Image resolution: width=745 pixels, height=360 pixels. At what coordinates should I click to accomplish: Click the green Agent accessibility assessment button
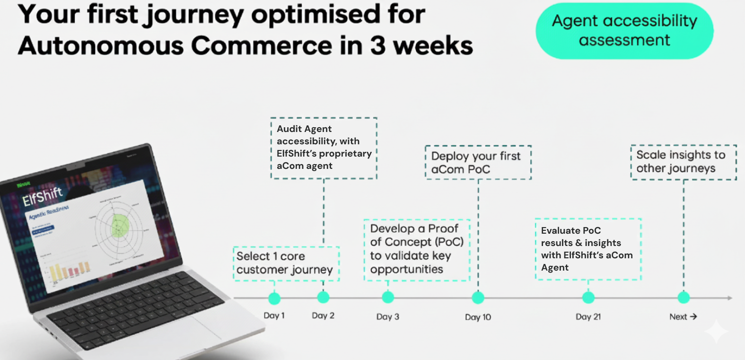[x=624, y=31]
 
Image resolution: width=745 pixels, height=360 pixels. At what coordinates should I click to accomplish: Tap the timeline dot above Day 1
[x=274, y=298]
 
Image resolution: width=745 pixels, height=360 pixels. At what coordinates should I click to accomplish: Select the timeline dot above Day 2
[x=323, y=297]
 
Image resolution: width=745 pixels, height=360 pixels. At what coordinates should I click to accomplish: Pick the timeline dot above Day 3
[x=388, y=297]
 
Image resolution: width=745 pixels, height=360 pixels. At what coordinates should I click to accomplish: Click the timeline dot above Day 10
[x=478, y=298]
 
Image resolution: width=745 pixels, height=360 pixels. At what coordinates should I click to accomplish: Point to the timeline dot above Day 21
[x=588, y=298]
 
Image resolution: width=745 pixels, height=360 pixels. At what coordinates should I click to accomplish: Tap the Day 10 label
[x=478, y=317]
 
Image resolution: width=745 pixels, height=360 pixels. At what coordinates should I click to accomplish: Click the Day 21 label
[x=588, y=317]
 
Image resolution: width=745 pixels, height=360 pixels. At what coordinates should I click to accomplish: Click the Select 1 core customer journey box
[x=286, y=263]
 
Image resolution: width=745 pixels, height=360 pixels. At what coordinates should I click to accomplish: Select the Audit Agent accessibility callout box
[x=324, y=148]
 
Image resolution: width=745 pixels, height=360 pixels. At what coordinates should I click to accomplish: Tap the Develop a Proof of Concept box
[x=417, y=249]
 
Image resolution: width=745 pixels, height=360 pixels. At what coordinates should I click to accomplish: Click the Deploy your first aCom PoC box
[x=478, y=162]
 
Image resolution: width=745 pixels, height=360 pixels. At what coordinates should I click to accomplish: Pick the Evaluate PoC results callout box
[x=588, y=249]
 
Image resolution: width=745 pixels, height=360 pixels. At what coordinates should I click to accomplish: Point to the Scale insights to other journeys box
[x=684, y=162]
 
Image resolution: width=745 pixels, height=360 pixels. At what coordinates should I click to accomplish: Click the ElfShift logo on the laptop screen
[x=43, y=196]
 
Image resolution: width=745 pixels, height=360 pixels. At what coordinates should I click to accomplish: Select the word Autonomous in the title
[x=99, y=46]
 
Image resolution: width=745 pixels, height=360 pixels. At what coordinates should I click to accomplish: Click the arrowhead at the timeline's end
[x=730, y=298]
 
